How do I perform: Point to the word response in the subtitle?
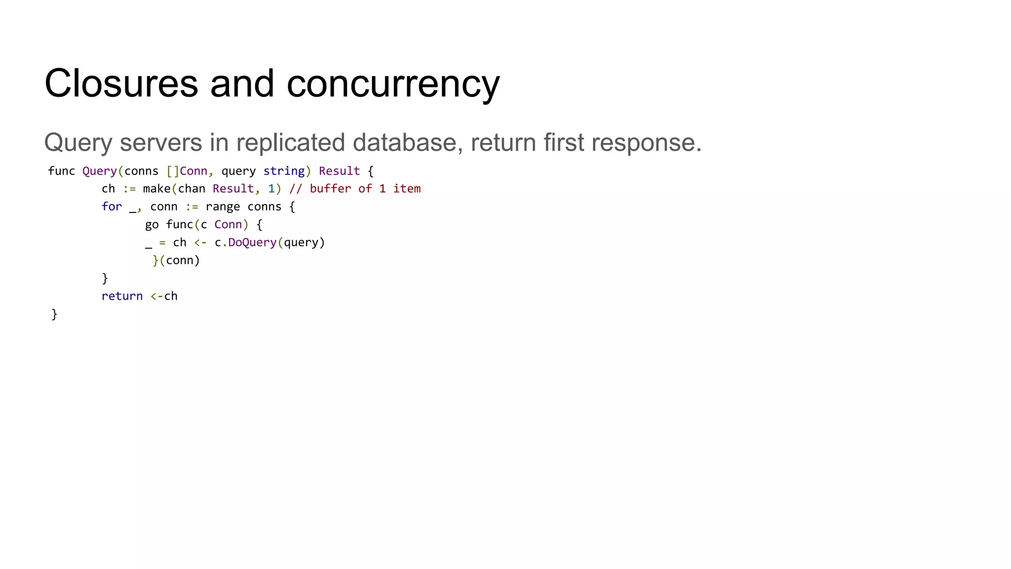(646, 143)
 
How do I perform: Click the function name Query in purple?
(99, 171)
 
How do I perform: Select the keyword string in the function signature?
(284, 171)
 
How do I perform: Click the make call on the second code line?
(156, 189)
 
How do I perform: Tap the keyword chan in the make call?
(192, 189)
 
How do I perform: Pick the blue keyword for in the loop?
(112, 206)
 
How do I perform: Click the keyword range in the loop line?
(223, 206)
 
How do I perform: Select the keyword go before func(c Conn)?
(152, 225)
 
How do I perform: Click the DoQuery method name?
(252, 243)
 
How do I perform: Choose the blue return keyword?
(122, 296)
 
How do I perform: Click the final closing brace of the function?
(54, 314)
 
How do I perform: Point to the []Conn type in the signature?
(187, 171)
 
